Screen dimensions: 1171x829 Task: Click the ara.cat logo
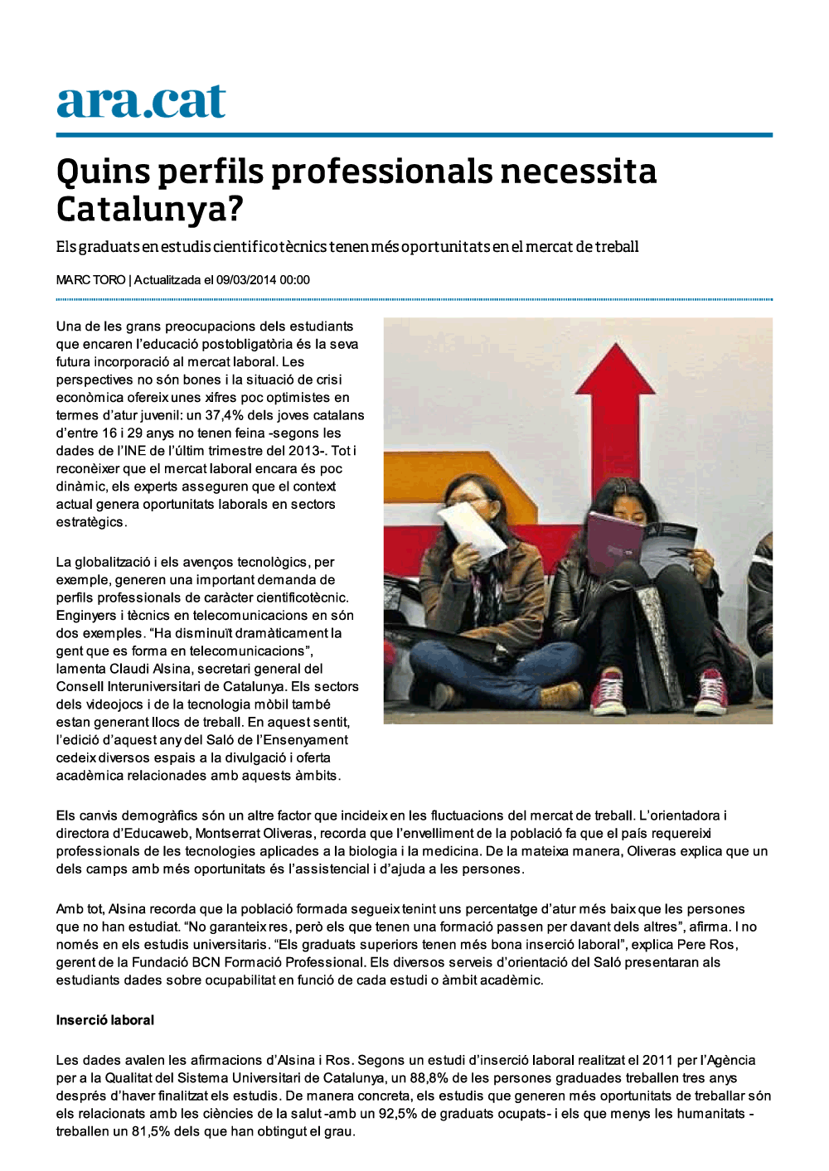141,103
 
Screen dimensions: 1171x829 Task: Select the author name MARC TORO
90,280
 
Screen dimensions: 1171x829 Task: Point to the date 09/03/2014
246,280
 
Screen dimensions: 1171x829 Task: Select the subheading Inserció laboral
105,1020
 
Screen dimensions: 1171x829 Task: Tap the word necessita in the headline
578,172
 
